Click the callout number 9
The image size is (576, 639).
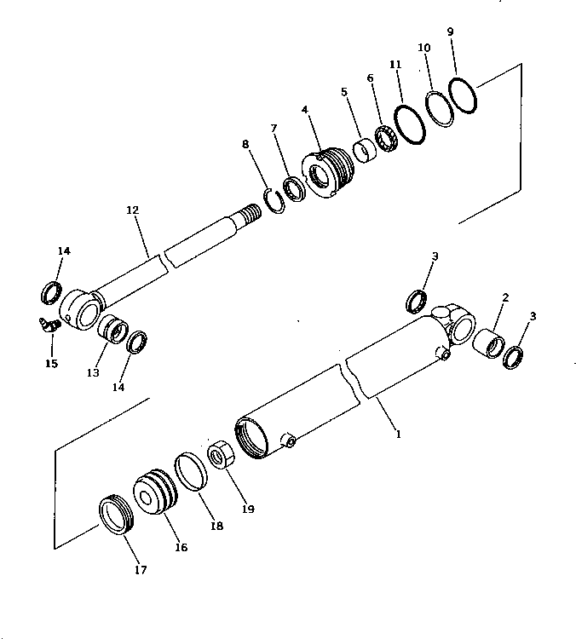(450, 32)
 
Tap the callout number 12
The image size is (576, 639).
(131, 209)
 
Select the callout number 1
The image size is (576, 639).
(397, 434)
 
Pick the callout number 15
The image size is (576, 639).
(51, 364)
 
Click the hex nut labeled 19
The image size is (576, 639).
(221, 454)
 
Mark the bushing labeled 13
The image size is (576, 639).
(111, 328)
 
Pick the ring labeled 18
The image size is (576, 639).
(191, 473)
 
